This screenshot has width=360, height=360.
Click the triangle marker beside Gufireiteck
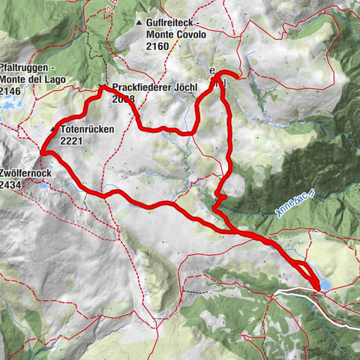(139, 24)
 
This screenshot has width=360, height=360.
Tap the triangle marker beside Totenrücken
(53, 130)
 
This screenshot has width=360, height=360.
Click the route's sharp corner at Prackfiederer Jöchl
(102, 88)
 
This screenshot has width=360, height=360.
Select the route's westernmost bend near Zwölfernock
(43, 153)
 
